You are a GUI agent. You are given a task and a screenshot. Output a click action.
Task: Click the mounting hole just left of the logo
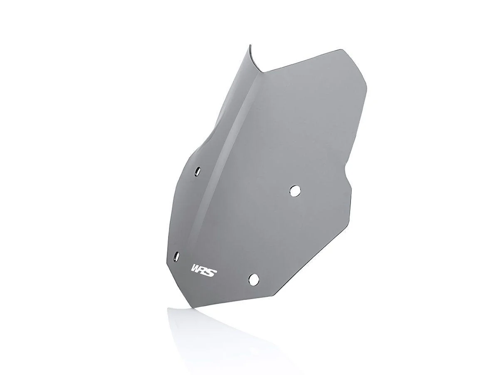(176, 255)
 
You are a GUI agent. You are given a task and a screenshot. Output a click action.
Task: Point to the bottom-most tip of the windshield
(193, 308)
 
